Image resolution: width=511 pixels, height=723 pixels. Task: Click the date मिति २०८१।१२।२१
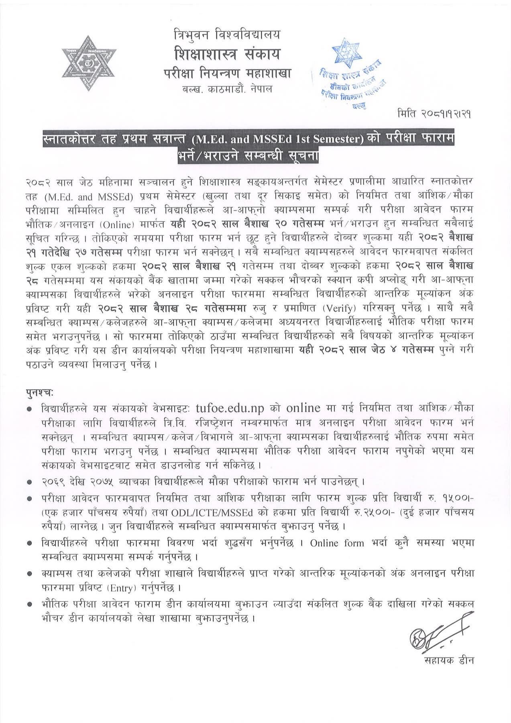[432, 114]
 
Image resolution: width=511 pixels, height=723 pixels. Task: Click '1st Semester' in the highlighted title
[330, 140]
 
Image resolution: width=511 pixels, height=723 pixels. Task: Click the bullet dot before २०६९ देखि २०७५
[29, 481]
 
